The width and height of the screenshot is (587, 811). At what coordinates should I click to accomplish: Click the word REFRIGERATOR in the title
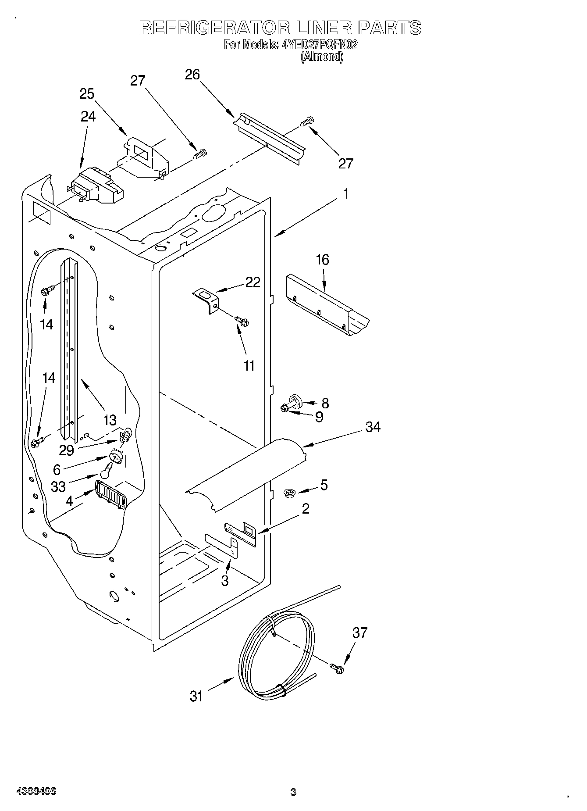click(x=215, y=28)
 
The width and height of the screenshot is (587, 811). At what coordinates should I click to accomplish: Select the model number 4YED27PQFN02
click(x=320, y=45)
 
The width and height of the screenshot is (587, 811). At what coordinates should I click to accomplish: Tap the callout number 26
click(x=192, y=75)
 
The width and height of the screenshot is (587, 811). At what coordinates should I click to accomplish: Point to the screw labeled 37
click(x=338, y=668)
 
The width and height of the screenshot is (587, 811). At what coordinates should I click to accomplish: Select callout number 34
click(x=373, y=427)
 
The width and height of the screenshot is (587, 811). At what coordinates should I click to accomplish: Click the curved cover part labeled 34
click(x=245, y=476)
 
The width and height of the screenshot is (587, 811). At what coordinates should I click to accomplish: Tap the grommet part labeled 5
click(x=289, y=493)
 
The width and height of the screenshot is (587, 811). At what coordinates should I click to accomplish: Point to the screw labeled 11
click(x=242, y=322)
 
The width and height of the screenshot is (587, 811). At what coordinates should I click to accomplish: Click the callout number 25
click(x=87, y=94)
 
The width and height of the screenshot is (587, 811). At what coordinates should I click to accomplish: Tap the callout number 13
click(x=110, y=420)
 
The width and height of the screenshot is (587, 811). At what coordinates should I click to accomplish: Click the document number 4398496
click(x=36, y=791)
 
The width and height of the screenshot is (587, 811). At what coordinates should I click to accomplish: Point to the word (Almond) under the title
click(x=321, y=57)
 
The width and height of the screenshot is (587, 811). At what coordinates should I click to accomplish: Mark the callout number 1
click(x=345, y=194)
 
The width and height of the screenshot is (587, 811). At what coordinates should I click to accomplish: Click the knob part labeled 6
click(x=116, y=457)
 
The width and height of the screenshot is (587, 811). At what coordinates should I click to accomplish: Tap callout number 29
click(x=67, y=450)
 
